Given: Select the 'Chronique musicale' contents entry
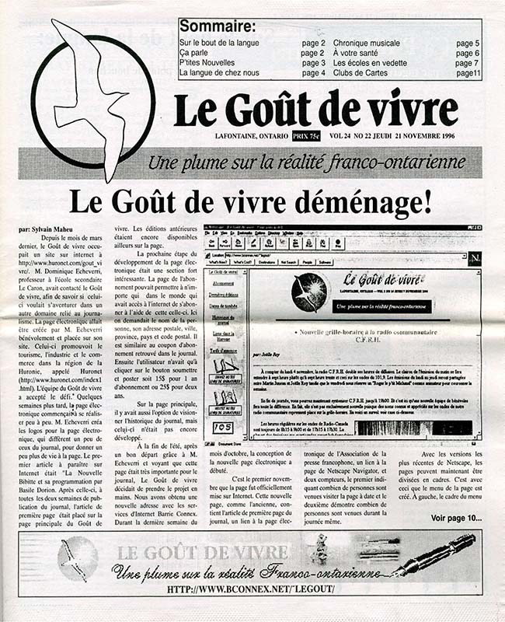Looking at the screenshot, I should point(372,44).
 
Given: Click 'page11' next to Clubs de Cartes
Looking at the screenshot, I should point(468,73).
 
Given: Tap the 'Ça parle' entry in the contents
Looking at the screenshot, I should point(197,54).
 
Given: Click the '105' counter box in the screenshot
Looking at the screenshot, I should point(223,428).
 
